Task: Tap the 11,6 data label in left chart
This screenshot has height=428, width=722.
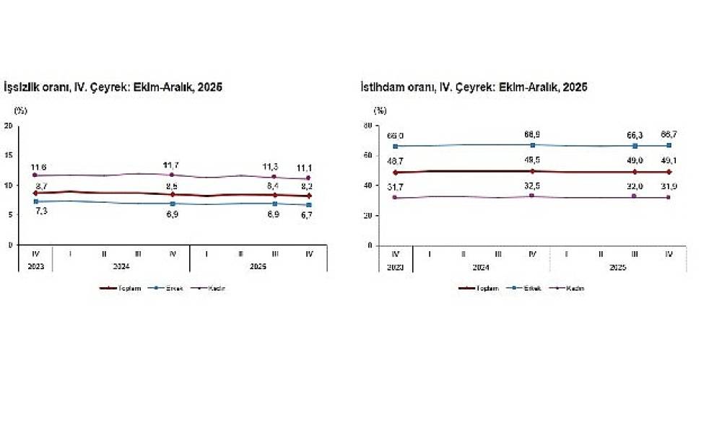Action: pyautogui.click(x=39, y=167)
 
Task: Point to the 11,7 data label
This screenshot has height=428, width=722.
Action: pyautogui.click(x=172, y=166)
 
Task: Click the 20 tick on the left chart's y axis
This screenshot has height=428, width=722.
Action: pyautogui.click(x=9, y=126)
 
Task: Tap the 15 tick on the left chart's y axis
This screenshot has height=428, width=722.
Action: pyautogui.click(x=9, y=155)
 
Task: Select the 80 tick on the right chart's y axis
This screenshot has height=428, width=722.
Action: pyautogui.click(x=367, y=126)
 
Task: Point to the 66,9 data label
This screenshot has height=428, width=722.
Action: pyautogui.click(x=533, y=135)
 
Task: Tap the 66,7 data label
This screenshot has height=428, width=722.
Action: pyautogui.click(x=669, y=135)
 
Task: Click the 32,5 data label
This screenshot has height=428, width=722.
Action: pyautogui.click(x=533, y=186)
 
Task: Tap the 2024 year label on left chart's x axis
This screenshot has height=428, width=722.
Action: pyautogui.click(x=121, y=266)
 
